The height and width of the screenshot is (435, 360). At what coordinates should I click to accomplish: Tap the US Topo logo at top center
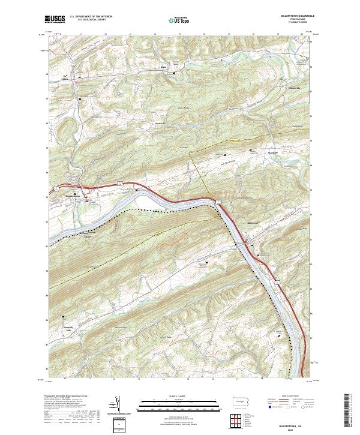tap(176, 20)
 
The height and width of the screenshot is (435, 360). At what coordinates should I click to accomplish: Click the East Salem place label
tap(65, 77)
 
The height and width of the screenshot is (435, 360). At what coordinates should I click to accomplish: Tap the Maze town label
tap(164, 76)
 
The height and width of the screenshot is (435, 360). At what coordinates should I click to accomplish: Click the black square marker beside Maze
tap(173, 73)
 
